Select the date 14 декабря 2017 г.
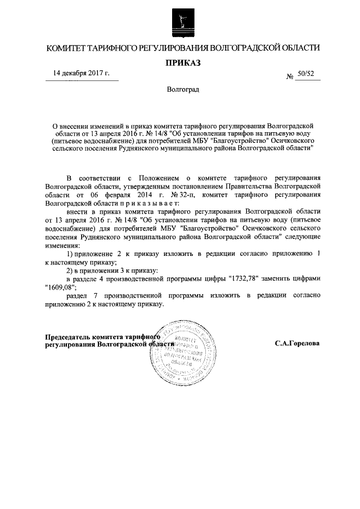coord(81,74)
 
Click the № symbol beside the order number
coord(290,76)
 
